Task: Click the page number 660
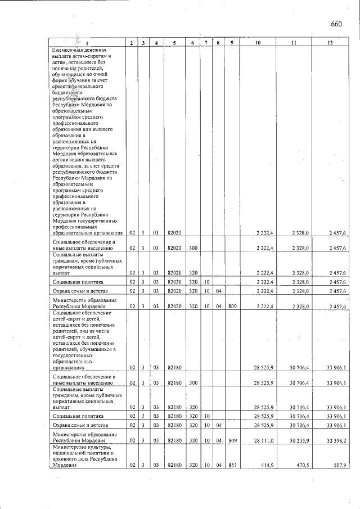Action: coord(337,24)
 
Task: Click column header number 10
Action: coord(258,43)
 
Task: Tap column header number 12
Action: coord(330,43)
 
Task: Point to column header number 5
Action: coord(174,43)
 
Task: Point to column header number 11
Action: coord(294,43)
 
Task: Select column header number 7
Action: coord(206,43)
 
